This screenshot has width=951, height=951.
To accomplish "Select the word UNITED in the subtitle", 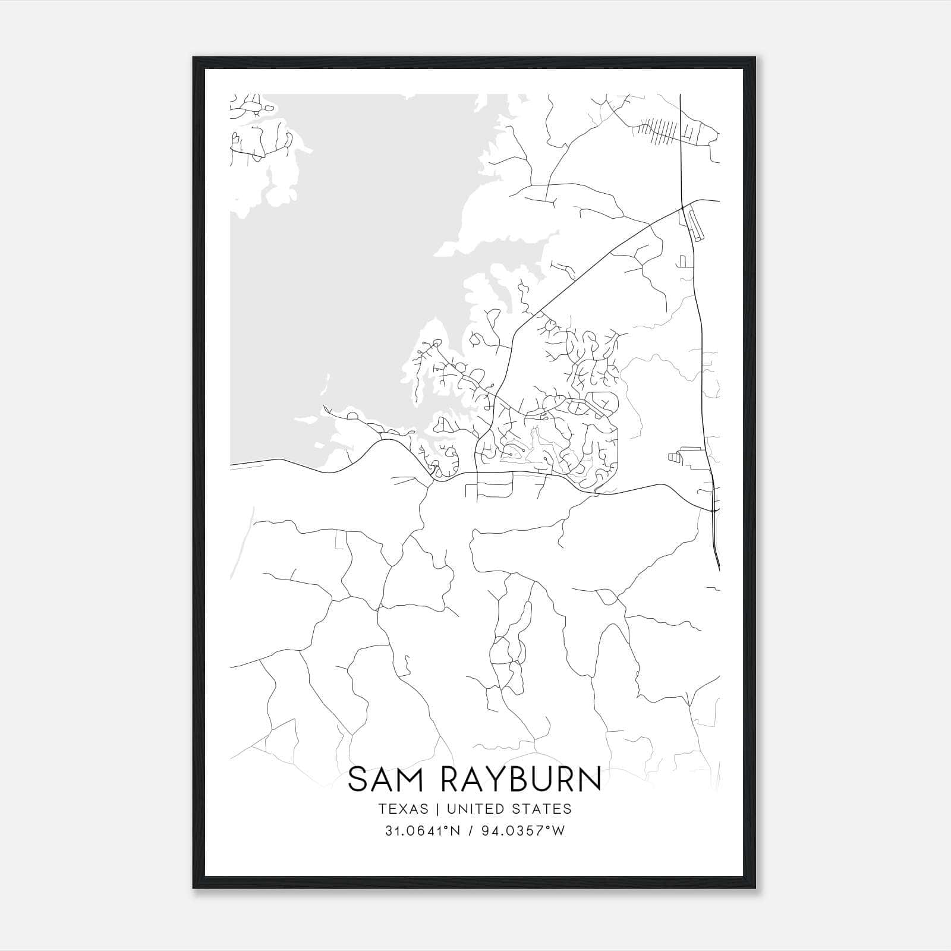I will click(473, 809).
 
